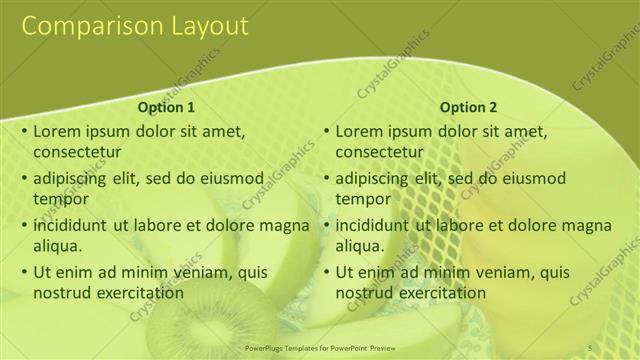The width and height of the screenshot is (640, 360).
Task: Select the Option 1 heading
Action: (165, 108)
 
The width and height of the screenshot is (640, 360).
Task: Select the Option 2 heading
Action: (467, 108)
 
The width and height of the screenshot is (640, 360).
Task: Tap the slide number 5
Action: (590, 347)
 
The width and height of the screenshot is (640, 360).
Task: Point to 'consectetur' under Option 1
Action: (77, 153)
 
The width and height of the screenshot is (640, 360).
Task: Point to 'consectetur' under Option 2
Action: (379, 153)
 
